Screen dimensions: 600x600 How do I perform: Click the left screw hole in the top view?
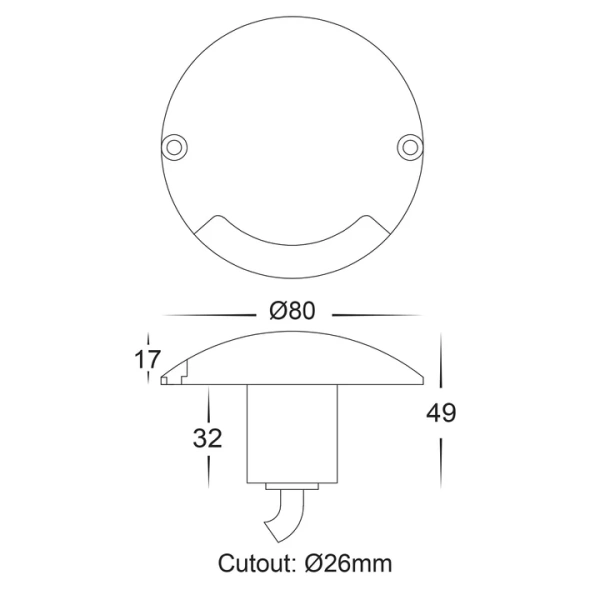(176, 146)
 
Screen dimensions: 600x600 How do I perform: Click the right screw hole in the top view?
(409, 146)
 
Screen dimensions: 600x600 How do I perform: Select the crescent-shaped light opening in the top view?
(292, 237)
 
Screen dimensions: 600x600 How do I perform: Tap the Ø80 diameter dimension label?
(292, 311)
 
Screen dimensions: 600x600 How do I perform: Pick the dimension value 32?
(208, 438)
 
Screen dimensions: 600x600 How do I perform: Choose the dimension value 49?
(440, 412)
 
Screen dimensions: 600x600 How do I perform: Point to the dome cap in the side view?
(292, 355)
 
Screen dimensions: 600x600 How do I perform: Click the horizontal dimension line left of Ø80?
(210, 313)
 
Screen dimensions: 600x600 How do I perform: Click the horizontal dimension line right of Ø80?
(375, 313)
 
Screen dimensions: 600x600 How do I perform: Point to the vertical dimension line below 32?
(208, 467)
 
